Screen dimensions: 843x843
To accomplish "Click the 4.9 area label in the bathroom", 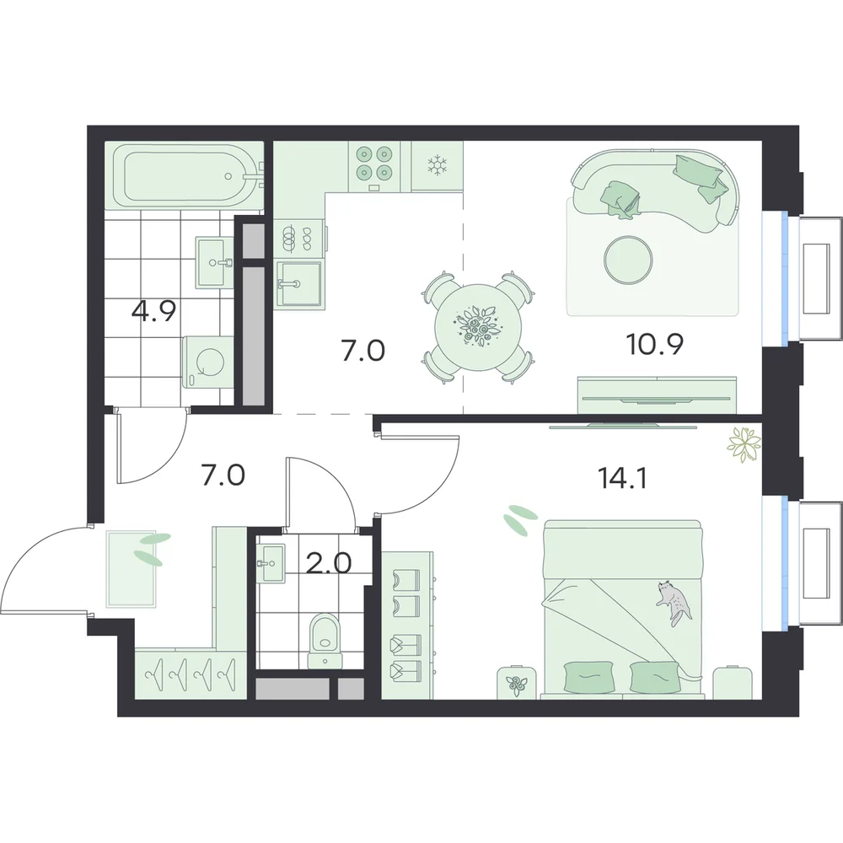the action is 153,311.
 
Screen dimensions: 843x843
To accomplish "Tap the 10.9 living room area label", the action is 655,344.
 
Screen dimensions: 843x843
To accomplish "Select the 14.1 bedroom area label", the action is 621,477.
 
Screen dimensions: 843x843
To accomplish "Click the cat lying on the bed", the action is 673,603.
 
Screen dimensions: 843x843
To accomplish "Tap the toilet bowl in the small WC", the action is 325,641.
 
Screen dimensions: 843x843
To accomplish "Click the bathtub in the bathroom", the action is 185,176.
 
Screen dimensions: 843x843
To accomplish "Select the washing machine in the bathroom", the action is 208,362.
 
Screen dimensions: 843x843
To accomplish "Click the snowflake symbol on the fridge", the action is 437,165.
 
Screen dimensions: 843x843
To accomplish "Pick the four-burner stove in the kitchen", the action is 374,164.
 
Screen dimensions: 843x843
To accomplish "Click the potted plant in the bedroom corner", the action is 744,444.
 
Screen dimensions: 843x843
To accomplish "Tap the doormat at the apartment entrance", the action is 132,569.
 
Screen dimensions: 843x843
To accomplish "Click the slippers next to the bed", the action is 520,516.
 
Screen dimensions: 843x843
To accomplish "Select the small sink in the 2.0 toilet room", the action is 271,563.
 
